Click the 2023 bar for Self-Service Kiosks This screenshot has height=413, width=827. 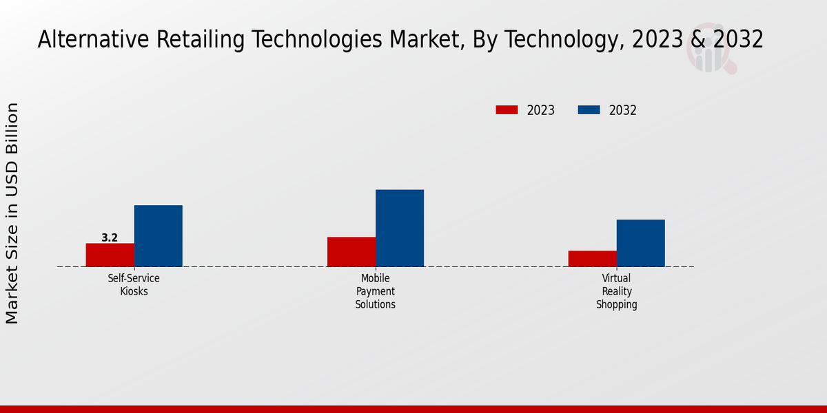click(110, 255)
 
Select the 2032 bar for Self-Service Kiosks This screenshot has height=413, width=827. click(158, 235)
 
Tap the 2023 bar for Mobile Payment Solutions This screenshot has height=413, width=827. click(351, 251)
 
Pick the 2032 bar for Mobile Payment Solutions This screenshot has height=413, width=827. click(400, 228)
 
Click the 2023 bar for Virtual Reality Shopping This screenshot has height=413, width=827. click(593, 258)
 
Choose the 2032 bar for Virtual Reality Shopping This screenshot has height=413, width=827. click(641, 243)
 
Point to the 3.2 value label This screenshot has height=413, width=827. click(110, 238)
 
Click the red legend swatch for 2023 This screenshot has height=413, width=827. click(507, 110)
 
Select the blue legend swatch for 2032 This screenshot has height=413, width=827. click(589, 110)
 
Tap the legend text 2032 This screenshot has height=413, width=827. click(623, 110)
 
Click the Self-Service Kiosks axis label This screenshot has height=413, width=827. click(134, 284)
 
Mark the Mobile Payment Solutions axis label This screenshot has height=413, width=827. click(376, 291)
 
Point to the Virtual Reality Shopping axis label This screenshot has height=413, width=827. click(617, 291)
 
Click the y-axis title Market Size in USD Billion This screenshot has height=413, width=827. click(13, 213)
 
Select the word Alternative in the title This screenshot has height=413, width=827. click(91, 40)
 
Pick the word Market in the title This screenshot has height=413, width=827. click(422, 40)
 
